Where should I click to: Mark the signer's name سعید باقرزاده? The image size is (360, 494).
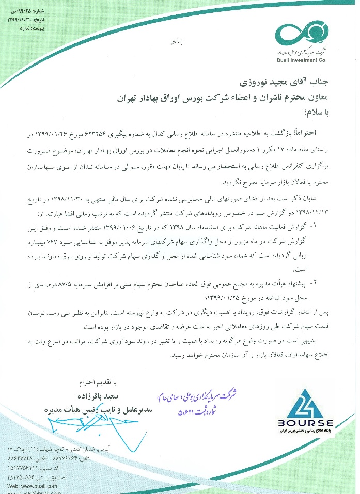[122, 395]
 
